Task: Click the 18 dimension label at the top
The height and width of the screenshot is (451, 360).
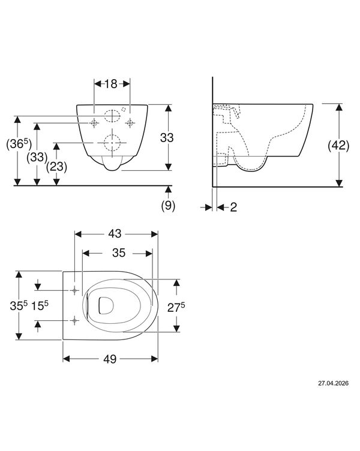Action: click(111, 84)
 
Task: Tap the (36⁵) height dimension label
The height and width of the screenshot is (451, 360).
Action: click(19, 144)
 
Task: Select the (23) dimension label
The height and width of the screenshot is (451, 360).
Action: click(56, 167)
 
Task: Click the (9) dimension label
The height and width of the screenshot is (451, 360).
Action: click(168, 206)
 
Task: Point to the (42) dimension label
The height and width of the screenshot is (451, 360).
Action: click(339, 146)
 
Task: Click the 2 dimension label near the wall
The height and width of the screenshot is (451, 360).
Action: click(233, 207)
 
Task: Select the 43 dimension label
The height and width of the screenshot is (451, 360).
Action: click(115, 234)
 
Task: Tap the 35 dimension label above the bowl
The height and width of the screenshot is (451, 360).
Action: click(119, 253)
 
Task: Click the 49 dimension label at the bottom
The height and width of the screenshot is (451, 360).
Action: click(110, 359)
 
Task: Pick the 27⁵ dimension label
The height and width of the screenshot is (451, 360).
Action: click(176, 308)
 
